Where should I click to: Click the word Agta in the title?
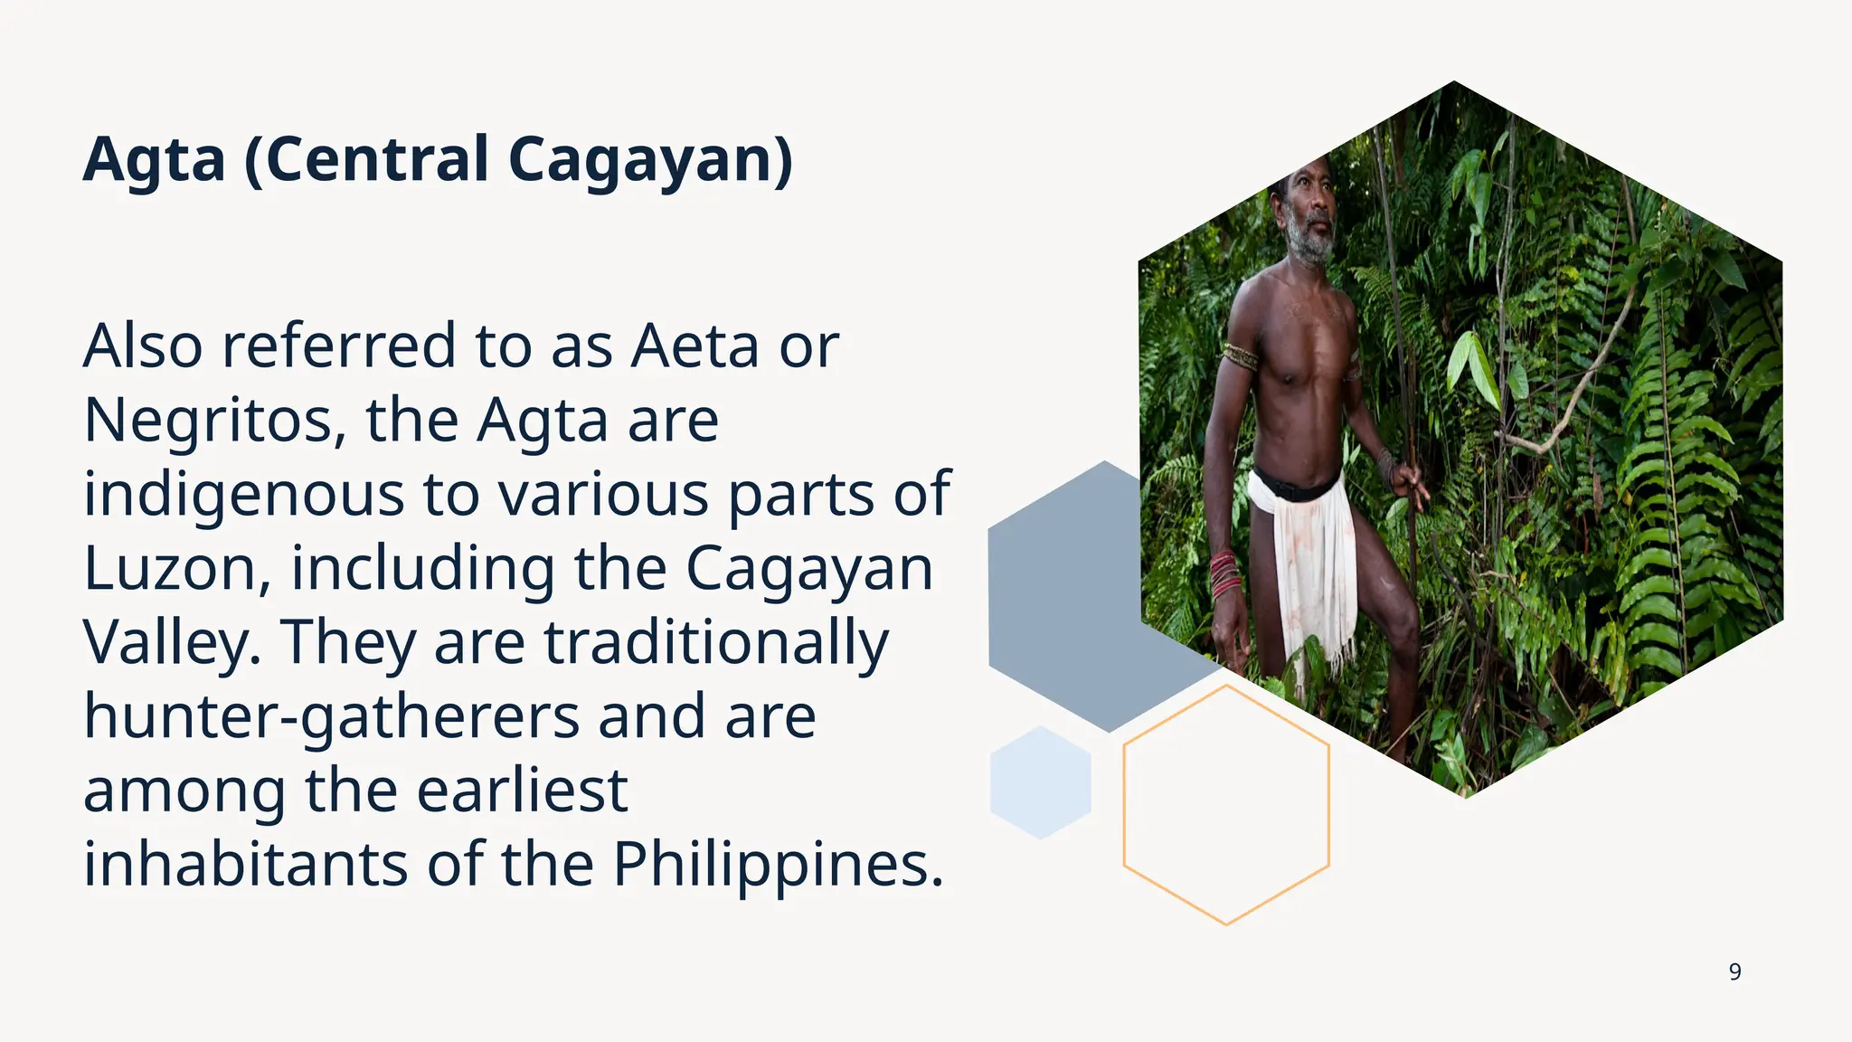click(154, 161)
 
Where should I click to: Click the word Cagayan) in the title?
click(650, 161)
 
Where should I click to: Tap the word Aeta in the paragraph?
click(694, 346)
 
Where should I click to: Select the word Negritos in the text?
click(213, 422)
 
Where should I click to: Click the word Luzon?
click(175, 570)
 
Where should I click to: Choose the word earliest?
click(522, 791)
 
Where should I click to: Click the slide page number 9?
click(1734, 972)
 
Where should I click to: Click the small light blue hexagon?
click(1040, 783)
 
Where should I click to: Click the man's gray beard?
click(1312, 241)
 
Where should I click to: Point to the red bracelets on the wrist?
click(1225, 574)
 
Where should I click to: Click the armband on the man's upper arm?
click(1240, 356)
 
